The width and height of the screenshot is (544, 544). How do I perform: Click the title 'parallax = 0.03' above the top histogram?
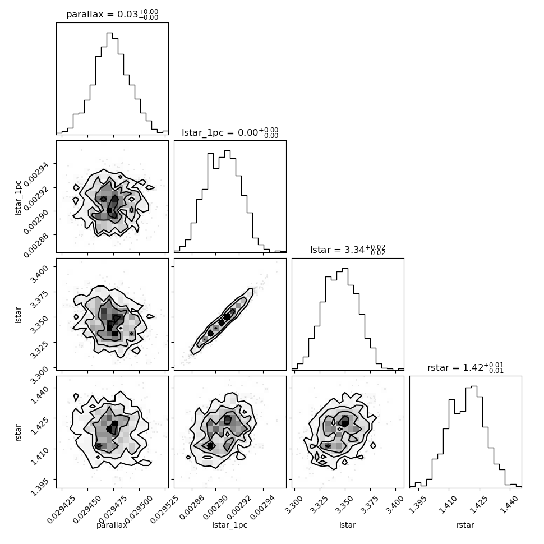tap(112, 15)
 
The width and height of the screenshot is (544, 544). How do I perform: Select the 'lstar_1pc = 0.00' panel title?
tap(230, 132)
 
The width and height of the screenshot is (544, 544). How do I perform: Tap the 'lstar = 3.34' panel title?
tap(348, 250)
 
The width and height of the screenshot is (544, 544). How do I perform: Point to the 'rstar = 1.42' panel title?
tap(465, 368)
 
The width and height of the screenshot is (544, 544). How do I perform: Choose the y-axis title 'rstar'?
tap(19, 432)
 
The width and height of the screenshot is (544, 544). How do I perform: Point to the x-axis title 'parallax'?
tap(112, 525)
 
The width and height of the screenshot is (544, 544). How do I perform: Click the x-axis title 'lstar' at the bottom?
tap(348, 525)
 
